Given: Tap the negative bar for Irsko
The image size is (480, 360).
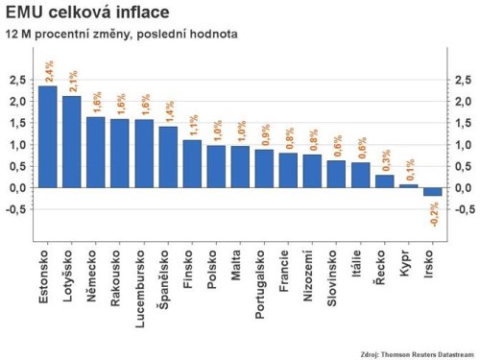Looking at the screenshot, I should click(432, 192).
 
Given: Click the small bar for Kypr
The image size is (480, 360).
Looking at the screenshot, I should click(408, 185).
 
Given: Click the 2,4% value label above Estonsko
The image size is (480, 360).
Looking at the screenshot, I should click(49, 72).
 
